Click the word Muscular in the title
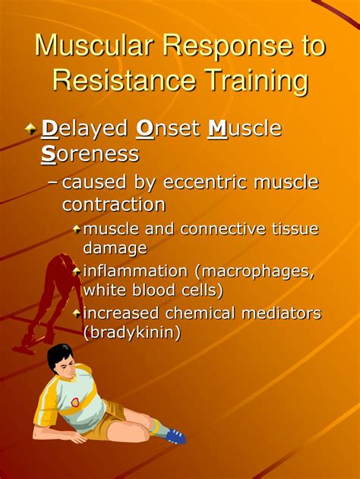tap(96, 47)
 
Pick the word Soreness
tap(90, 154)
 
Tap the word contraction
tap(114, 205)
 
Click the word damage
tap(115, 247)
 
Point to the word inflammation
tap(135, 270)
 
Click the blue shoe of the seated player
tap(175, 435)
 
